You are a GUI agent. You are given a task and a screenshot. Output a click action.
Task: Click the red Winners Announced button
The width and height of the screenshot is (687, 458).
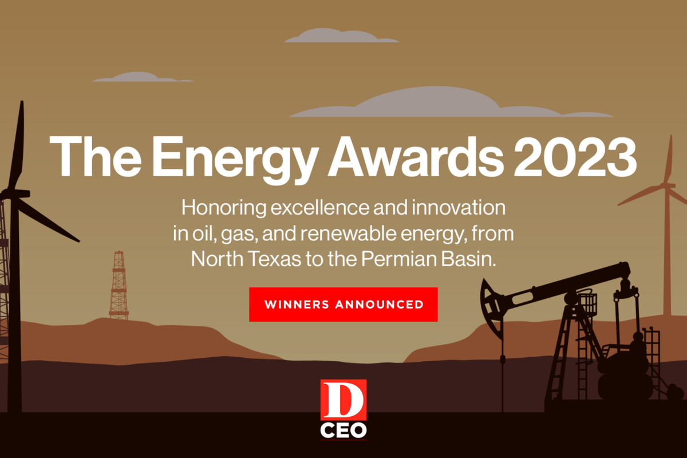[x=343, y=304]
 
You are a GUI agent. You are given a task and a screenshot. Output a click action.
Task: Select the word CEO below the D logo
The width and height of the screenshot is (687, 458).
[x=343, y=430]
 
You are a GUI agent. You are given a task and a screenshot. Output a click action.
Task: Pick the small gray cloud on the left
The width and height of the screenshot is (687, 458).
[x=137, y=77]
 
